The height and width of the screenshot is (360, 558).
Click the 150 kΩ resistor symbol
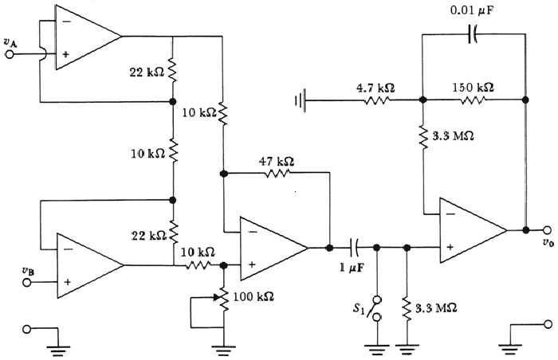pos(474,100)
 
